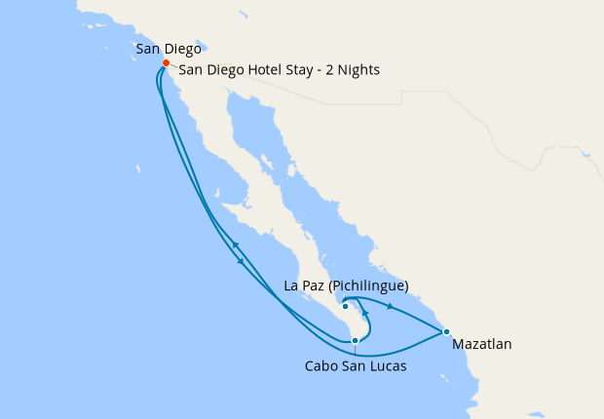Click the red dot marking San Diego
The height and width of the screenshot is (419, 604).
pyautogui.click(x=166, y=63)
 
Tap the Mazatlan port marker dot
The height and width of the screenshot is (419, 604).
pyautogui.click(x=446, y=332)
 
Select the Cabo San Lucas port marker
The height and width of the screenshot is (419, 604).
pyautogui.click(x=355, y=340)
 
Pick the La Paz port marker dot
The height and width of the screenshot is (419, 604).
pyautogui.click(x=345, y=306)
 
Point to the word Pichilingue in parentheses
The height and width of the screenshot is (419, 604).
pyautogui.click(x=369, y=286)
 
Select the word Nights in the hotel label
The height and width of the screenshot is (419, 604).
pyautogui.click(x=357, y=70)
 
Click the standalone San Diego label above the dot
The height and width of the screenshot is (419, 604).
pyautogui.click(x=169, y=47)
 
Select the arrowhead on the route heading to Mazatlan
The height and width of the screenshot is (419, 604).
pyautogui.click(x=391, y=307)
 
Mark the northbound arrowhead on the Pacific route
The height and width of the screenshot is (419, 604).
pyautogui.click(x=234, y=244)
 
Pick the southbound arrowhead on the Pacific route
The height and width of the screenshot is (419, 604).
pyautogui.click(x=241, y=260)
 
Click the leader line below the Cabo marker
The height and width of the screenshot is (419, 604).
pyautogui.click(x=355, y=351)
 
